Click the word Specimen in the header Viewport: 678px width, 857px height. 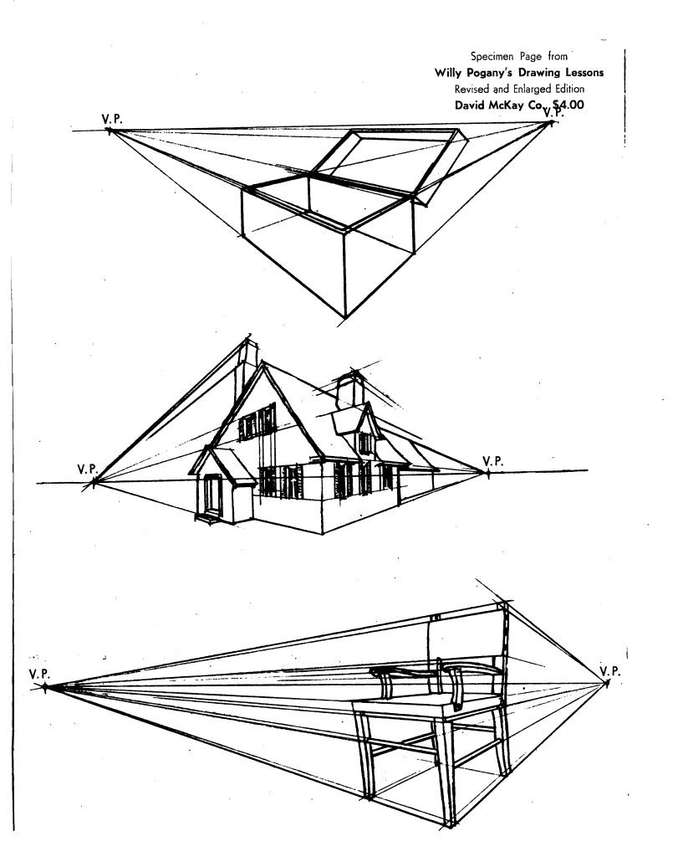click(492, 56)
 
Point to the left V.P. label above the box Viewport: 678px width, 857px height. click(112, 119)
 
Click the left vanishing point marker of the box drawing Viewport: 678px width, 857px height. click(110, 131)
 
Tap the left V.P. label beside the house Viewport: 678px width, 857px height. click(87, 469)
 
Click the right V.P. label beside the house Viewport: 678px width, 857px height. click(493, 461)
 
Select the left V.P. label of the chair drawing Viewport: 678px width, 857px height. click(39, 674)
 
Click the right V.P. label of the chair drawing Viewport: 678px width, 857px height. click(610, 670)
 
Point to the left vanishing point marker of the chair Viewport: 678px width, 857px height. click(45, 687)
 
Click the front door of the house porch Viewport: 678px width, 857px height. click(212, 495)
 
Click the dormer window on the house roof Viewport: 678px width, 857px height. click(364, 443)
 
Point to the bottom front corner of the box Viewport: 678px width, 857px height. click(345, 316)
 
